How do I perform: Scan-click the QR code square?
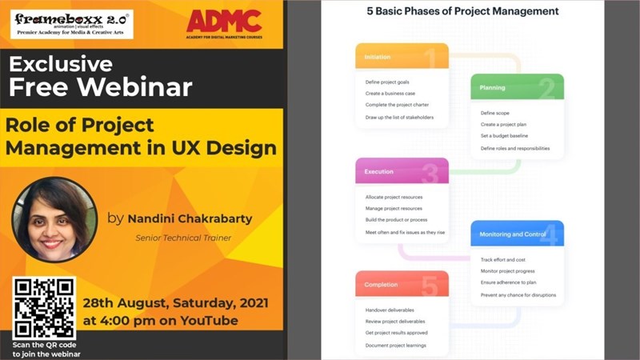tap(44, 308)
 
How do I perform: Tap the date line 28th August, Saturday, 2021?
tap(176, 304)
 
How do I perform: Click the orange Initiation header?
tap(401, 57)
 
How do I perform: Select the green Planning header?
tap(517, 87)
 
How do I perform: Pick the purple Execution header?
tap(401, 171)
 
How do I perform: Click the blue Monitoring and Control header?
tap(517, 234)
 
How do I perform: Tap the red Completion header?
tap(401, 284)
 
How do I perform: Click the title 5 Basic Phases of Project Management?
tap(462, 12)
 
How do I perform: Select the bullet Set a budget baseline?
tap(504, 136)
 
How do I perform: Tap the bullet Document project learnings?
tap(395, 345)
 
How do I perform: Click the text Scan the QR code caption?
tap(46, 348)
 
